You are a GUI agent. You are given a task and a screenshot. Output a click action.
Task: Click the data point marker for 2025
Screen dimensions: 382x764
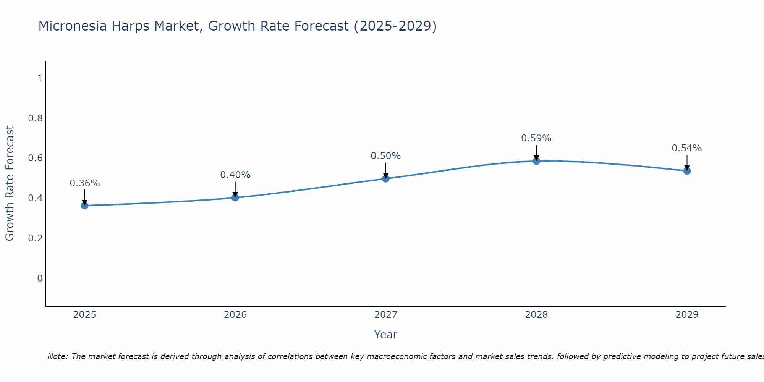pyautogui.click(x=84, y=206)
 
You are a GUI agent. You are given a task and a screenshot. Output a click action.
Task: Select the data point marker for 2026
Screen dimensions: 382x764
pyautogui.click(x=235, y=197)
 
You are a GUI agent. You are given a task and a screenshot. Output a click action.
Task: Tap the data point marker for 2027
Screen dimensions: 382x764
pyautogui.click(x=385, y=178)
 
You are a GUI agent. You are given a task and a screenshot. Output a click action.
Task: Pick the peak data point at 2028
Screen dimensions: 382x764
pyautogui.click(x=536, y=161)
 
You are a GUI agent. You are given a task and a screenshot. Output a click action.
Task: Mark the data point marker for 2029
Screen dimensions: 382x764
pyautogui.click(x=686, y=171)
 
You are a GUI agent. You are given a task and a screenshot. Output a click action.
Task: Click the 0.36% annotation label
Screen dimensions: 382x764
pyautogui.click(x=84, y=183)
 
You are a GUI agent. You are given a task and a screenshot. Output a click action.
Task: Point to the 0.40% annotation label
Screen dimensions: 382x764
pyautogui.click(x=235, y=175)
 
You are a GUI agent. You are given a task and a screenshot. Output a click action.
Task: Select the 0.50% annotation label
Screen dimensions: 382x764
pyautogui.click(x=385, y=156)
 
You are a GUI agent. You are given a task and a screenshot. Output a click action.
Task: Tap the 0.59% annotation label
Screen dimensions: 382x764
pyautogui.click(x=536, y=138)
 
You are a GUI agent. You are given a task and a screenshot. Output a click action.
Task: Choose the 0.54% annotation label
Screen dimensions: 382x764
pyautogui.click(x=686, y=148)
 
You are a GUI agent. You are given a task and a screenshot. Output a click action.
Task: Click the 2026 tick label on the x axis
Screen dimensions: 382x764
pyautogui.click(x=235, y=315)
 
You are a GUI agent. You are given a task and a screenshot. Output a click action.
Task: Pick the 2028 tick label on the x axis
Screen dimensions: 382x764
pyautogui.click(x=536, y=315)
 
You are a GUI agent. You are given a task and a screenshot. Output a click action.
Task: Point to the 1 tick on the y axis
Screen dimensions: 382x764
pyautogui.click(x=40, y=78)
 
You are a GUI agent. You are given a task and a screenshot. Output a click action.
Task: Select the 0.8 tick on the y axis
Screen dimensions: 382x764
pyautogui.click(x=36, y=118)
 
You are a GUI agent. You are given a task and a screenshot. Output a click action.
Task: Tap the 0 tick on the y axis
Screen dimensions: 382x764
pyautogui.click(x=40, y=278)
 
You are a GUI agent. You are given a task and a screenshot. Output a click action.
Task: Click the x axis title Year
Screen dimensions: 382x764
pyautogui.click(x=385, y=335)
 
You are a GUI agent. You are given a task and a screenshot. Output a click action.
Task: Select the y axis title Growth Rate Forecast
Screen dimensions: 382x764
pyautogui.click(x=10, y=183)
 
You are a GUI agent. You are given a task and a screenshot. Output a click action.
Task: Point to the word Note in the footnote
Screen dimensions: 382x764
pyautogui.click(x=57, y=356)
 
